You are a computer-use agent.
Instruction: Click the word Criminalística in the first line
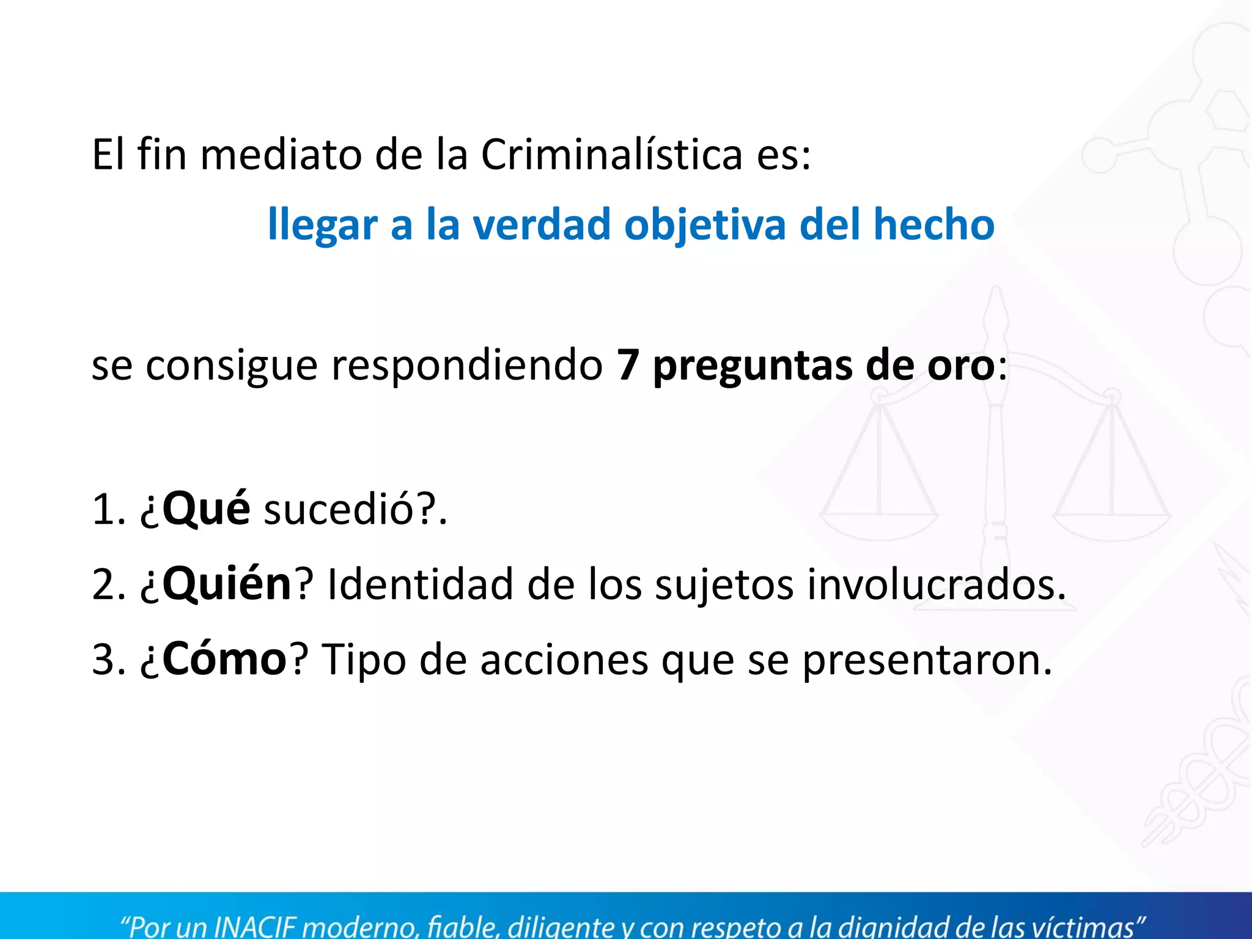click(611, 154)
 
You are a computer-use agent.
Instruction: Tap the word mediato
click(281, 154)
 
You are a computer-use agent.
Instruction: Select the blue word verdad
click(542, 224)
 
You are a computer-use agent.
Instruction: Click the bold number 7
click(628, 366)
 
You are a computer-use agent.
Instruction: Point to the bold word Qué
click(206, 509)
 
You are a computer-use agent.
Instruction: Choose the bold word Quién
click(227, 584)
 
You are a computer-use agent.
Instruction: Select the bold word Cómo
click(224, 659)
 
